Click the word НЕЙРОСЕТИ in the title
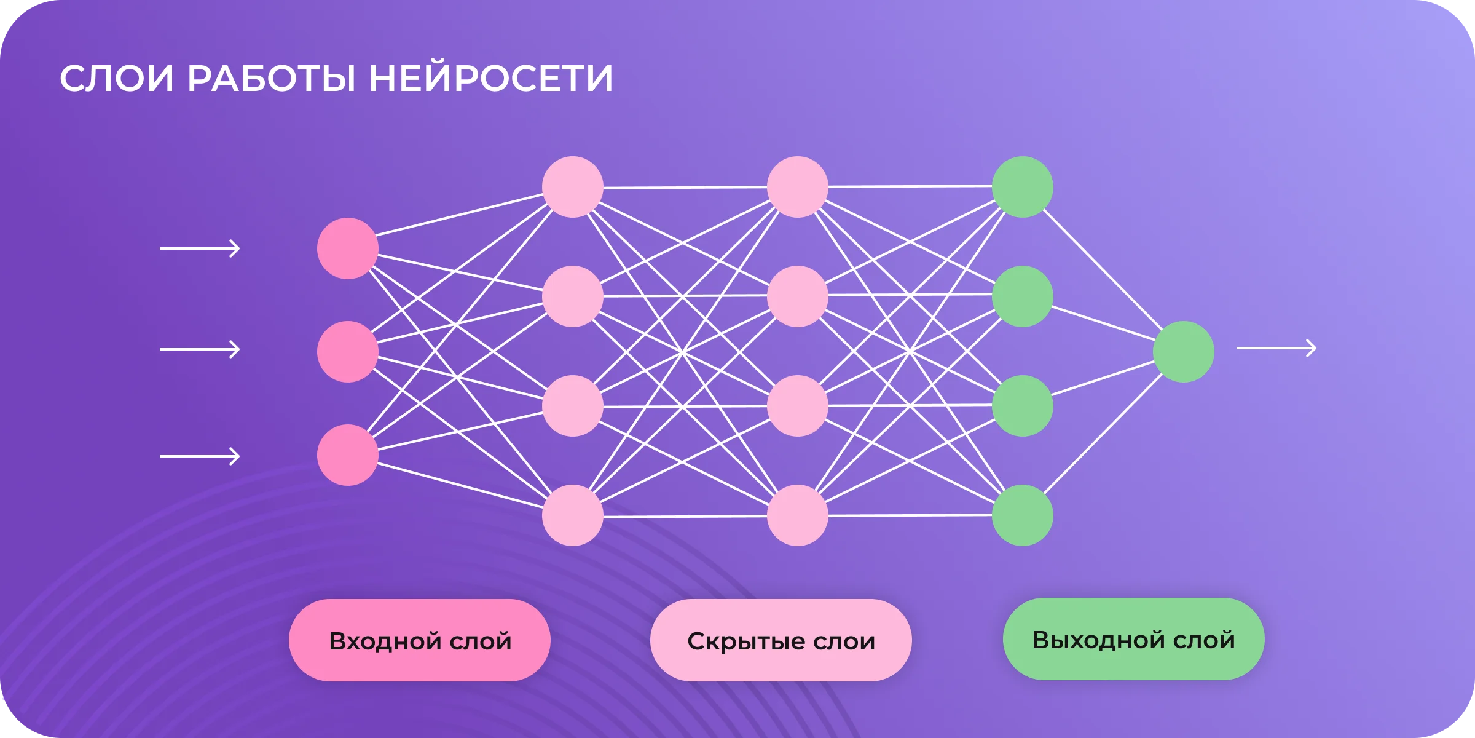tap(490, 79)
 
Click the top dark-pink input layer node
tap(347, 248)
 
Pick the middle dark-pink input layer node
tap(347, 351)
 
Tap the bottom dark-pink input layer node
tap(347, 455)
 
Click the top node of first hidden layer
tap(572, 187)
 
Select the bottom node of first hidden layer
tap(572, 515)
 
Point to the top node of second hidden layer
tap(797, 187)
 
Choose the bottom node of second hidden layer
tap(797, 515)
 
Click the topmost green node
tap(1022, 187)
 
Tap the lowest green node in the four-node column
tap(1022, 515)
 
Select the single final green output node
tap(1183, 351)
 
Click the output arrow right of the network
tap(1276, 348)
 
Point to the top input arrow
tap(200, 248)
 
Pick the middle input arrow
tap(200, 349)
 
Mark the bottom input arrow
tap(200, 456)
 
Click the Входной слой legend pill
tap(420, 640)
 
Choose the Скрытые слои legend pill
tap(781, 640)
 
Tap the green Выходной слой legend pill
tap(1133, 639)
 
